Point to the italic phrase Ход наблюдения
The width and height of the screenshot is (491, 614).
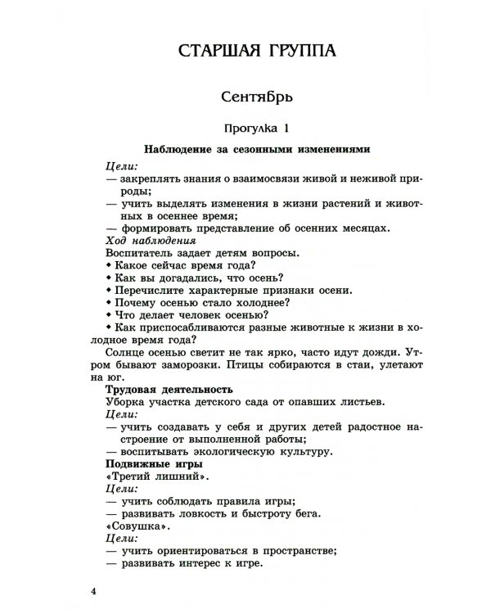(x=151, y=242)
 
